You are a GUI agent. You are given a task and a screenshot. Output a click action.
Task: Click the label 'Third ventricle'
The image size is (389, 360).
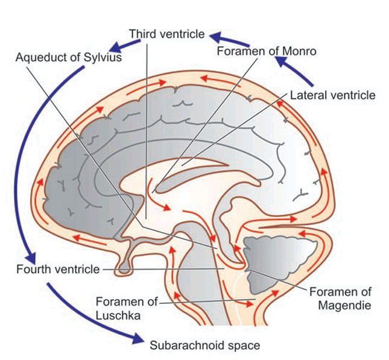(x=167, y=34)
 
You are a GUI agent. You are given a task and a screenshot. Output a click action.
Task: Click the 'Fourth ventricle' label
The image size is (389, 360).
(x=58, y=268)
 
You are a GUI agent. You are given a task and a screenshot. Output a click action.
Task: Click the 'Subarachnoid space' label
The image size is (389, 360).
(x=205, y=346)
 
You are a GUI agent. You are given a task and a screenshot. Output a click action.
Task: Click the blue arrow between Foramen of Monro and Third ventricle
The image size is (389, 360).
(x=224, y=37)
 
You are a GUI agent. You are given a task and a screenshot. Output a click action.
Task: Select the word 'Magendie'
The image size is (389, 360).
(x=344, y=305)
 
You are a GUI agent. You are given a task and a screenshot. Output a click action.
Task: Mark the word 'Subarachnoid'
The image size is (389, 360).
(x=182, y=346)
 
